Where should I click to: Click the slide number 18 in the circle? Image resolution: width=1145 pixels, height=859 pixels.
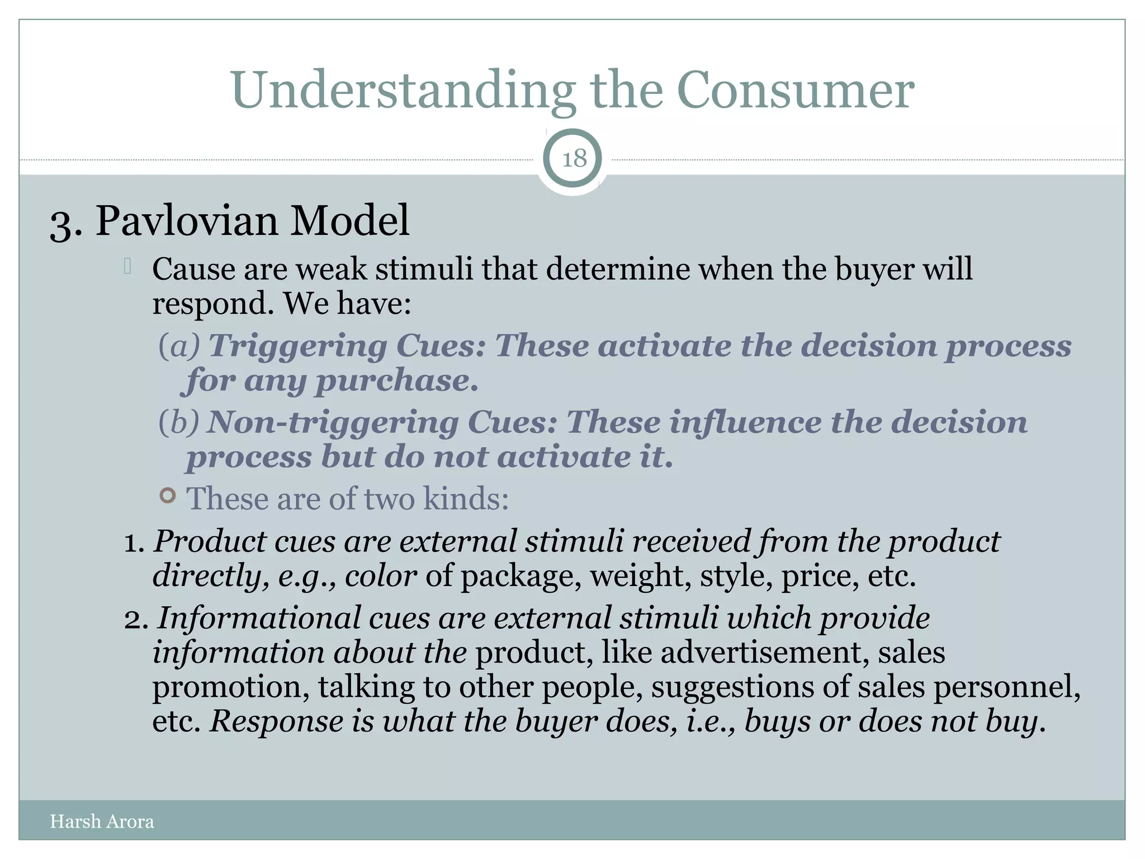[574, 159]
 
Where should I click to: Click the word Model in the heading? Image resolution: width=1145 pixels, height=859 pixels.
[350, 221]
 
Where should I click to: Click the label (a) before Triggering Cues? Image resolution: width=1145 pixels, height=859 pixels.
[179, 346]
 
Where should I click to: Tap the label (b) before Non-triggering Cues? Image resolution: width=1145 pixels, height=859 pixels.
[179, 422]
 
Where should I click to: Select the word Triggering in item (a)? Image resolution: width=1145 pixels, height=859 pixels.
[297, 347]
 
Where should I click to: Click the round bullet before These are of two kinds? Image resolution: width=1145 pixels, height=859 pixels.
[168, 495]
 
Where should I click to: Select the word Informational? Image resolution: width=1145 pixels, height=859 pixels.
[258, 619]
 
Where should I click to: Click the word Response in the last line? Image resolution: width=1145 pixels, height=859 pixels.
[276, 721]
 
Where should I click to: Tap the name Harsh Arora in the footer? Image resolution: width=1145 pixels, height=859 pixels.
[102, 822]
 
